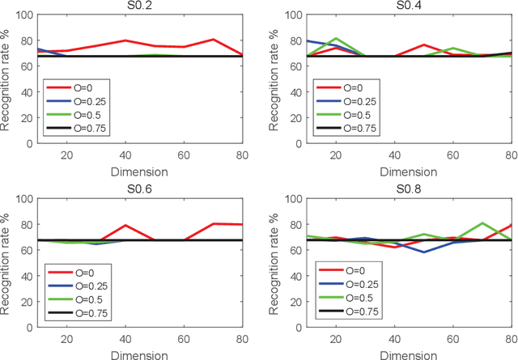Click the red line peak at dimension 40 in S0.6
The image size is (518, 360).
(x=126, y=225)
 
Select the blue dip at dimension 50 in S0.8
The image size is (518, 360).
(x=422, y=252)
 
